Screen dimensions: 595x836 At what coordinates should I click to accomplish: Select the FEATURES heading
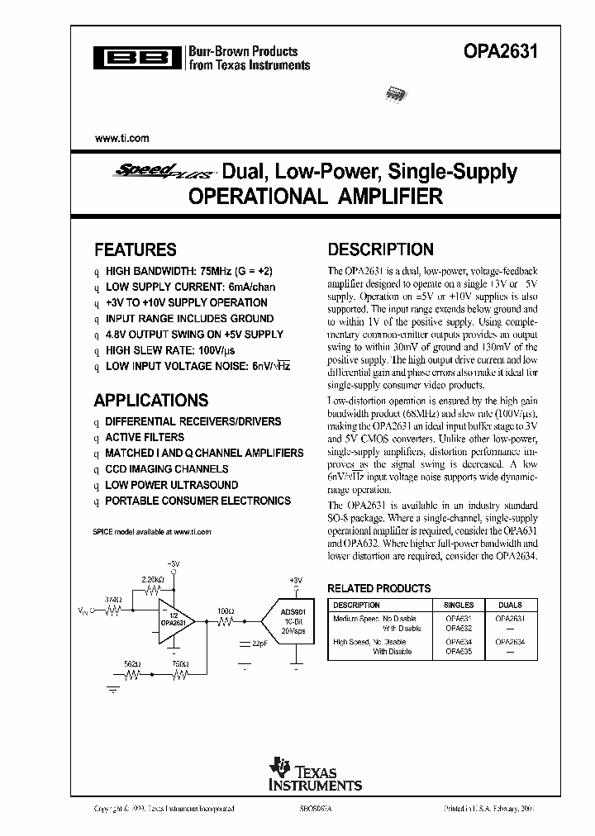(135, 249)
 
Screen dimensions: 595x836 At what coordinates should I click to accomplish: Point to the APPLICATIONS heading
(150, 401)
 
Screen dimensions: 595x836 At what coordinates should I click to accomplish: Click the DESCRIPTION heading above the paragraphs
(380, 249)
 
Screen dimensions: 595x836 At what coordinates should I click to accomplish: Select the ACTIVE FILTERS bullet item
(145, 437)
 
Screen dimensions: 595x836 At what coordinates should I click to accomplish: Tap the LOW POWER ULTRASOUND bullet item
(171, 485)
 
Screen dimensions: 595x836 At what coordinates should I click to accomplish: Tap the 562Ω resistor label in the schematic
(131, 663)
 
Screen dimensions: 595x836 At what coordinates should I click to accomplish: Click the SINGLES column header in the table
(459, 605)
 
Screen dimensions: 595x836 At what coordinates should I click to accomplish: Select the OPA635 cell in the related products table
(459, 651)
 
